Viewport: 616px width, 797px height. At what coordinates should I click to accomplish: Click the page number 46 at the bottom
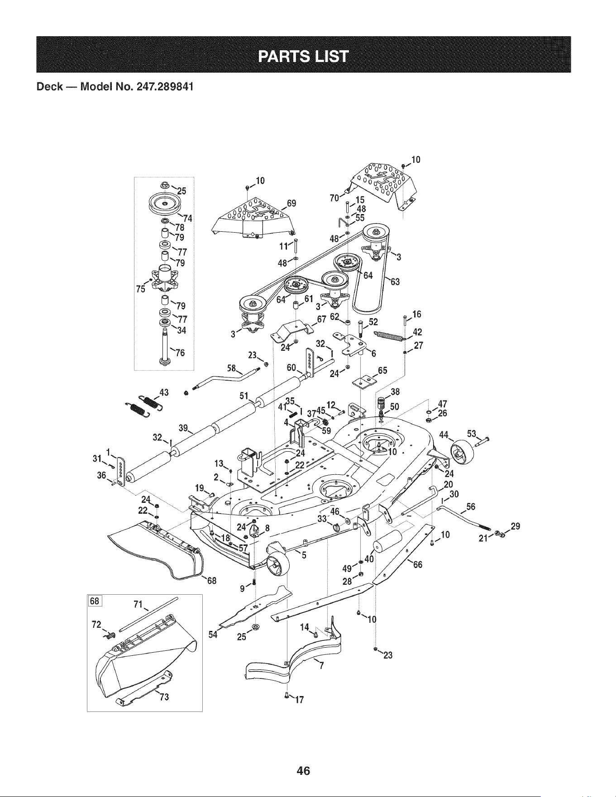click(x=303, y=770)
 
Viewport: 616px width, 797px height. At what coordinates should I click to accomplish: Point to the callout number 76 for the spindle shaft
click(x=180, y=353)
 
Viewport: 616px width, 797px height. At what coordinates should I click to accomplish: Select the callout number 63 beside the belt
click(x=395, y=282)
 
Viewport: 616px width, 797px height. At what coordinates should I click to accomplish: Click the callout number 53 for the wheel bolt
click(x=472, y=434)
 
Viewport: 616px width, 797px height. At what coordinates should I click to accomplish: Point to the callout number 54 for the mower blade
click(x=213, y=634)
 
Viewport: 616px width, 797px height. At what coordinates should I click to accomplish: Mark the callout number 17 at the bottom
click(x=298, y=701)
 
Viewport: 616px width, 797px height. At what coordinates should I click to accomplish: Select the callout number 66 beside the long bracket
click(x=417, y=564)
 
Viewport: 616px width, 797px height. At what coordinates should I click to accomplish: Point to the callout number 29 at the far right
click(x=515, y=526)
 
